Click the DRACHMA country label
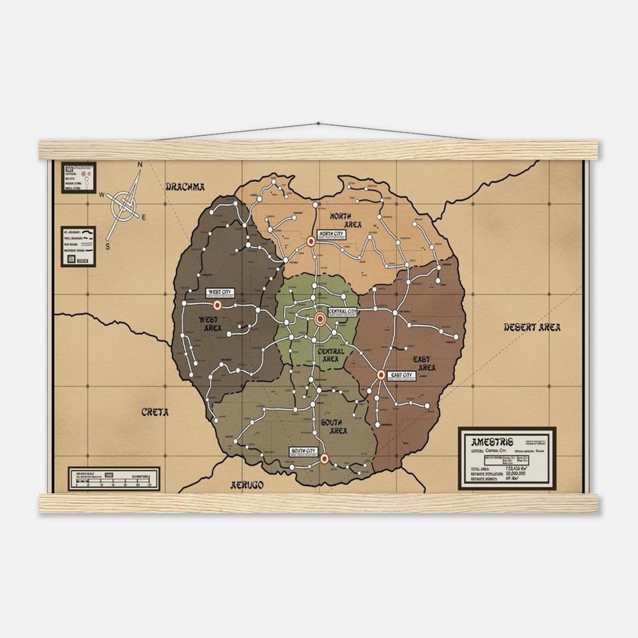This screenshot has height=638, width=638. [x=185, y=186]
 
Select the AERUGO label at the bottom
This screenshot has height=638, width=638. [x=247, y=485]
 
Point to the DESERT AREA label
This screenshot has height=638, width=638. [x=532, y=327]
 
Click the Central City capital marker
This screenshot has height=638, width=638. [x=320, y=319]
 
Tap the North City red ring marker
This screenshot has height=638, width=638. [x=310, y=241]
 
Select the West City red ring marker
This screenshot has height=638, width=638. [x=217, y=305]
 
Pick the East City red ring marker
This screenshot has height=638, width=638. [x=381, y=375]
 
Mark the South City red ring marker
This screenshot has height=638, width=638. [x=325, y=458]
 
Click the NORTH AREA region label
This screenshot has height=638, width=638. [x=346, y=220]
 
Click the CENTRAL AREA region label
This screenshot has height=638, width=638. [x=330, y=355]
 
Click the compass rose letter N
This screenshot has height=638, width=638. [x=140, y=164]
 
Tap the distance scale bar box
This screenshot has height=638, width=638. [x=114, y=478]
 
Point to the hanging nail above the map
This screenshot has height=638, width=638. [x=319, y=123]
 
